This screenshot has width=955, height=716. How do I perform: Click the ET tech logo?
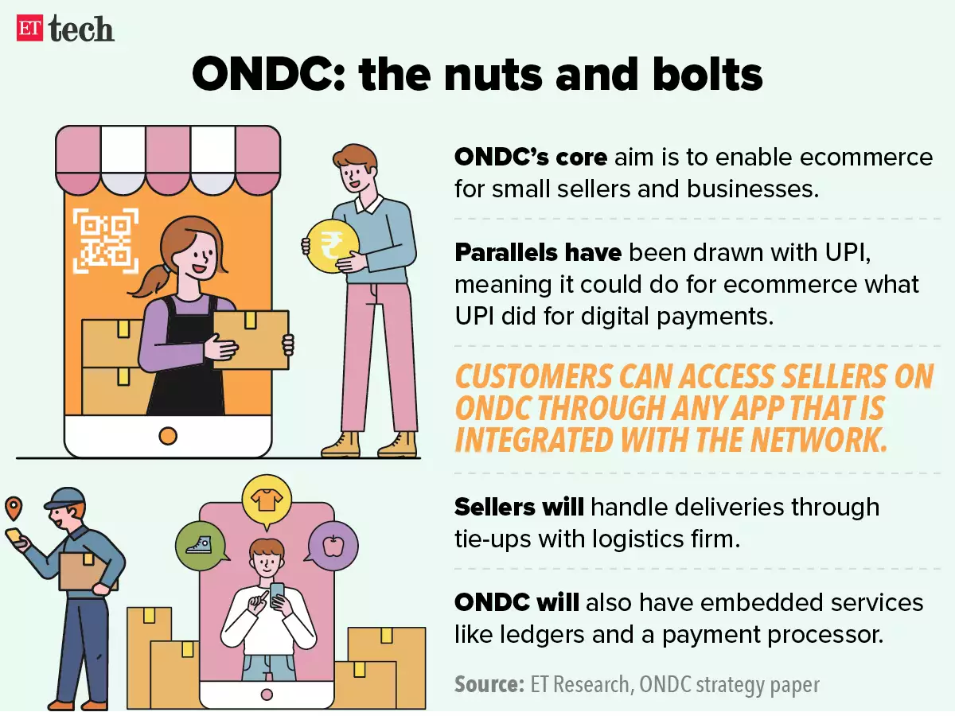[65, 29]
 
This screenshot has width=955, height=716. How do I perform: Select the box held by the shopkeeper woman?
[250, 339]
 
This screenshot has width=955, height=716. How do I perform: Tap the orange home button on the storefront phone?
[167, 435]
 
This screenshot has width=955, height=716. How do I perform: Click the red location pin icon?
[14, 508]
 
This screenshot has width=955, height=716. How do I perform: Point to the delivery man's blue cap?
[65, 498]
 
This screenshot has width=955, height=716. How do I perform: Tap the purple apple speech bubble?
[333, 546]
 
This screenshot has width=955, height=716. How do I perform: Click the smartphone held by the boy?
[277, 593]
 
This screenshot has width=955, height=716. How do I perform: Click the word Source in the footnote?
[488, 684]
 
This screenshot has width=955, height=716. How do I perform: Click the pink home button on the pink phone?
[267, 695]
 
